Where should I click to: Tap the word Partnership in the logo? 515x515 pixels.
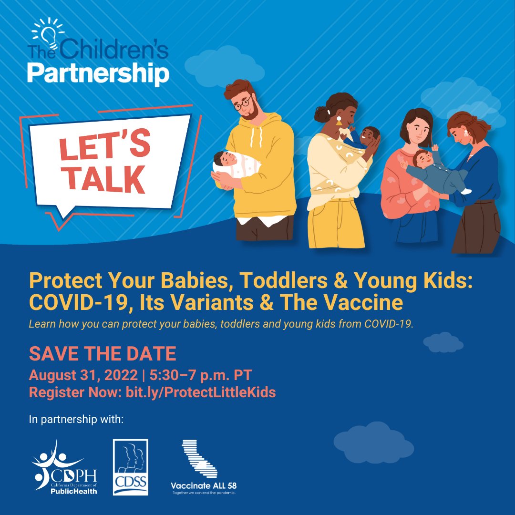98,74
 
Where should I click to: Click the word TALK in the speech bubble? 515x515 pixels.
105,180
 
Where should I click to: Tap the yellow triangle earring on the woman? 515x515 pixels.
339,122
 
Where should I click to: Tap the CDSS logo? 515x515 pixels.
130,467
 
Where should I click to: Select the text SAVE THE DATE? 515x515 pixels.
103,354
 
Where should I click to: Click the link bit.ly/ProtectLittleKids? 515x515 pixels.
200,392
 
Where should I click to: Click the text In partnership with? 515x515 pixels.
76,420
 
